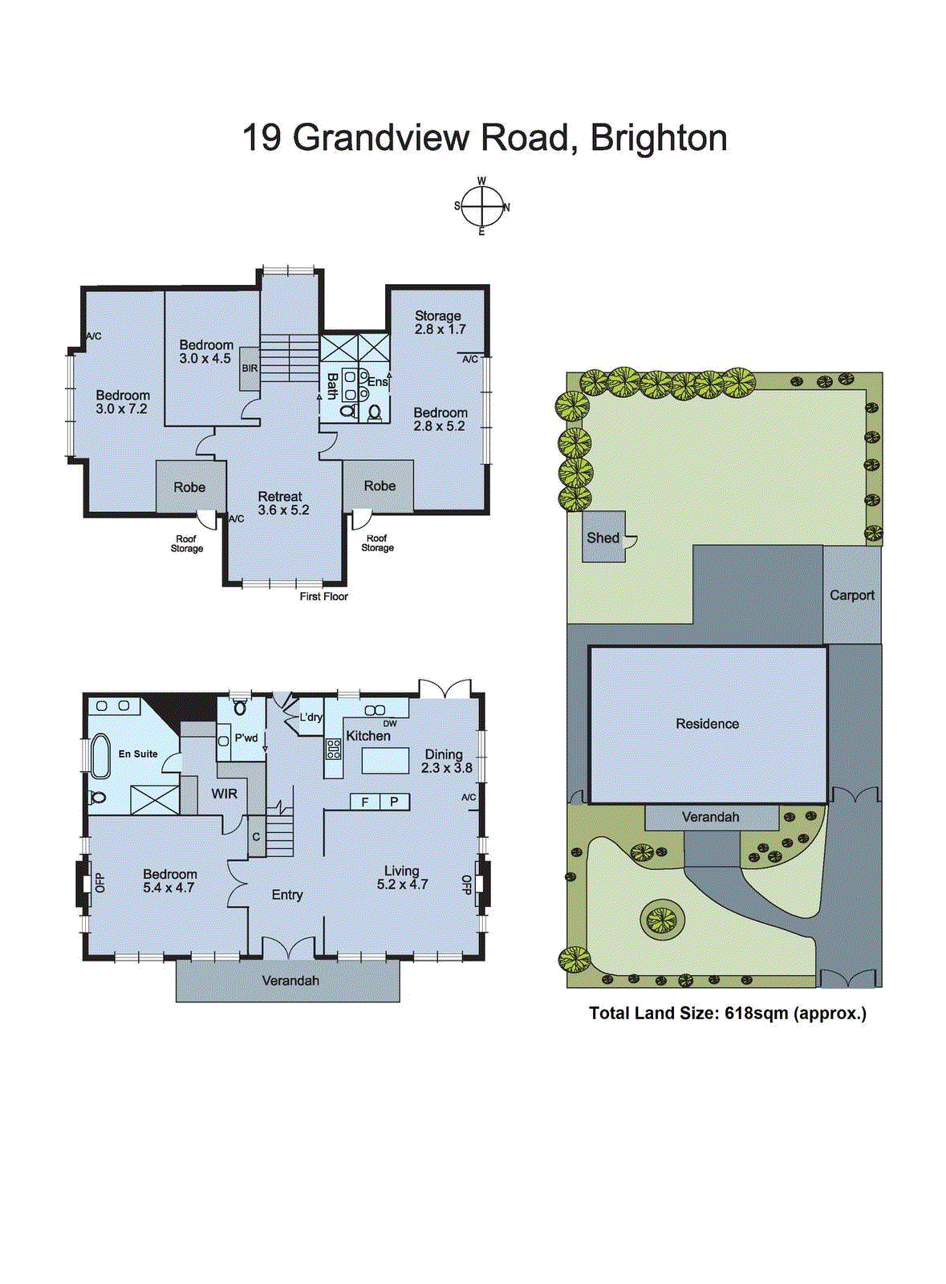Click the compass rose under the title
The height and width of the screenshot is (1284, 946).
(481, 207)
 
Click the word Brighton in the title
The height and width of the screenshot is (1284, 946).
(659, 138)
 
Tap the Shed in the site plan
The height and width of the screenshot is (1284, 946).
(603, 538)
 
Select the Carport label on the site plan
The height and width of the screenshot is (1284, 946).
(851, 595)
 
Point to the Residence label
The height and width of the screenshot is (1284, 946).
(707, 724)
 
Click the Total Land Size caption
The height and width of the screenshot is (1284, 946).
(727, 1014)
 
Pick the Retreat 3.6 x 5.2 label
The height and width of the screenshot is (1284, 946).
(282, 503)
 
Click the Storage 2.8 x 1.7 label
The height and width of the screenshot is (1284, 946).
(439, 323)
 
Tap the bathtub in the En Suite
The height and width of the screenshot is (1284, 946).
(100, 756)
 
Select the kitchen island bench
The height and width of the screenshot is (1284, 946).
(385, 760)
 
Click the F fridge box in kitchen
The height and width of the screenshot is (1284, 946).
(365, 802)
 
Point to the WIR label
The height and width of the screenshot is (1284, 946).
(224, 794)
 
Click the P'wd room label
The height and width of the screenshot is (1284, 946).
(246, 737)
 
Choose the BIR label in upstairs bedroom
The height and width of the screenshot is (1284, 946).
(250, 368)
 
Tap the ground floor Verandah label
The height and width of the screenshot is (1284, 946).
(290, 981)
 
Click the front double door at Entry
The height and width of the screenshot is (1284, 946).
(288, 948)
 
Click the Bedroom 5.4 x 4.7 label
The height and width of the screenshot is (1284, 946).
(168, 881)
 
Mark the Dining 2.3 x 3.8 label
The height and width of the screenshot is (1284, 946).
(446, 761)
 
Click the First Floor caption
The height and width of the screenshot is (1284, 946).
(323, 596)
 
